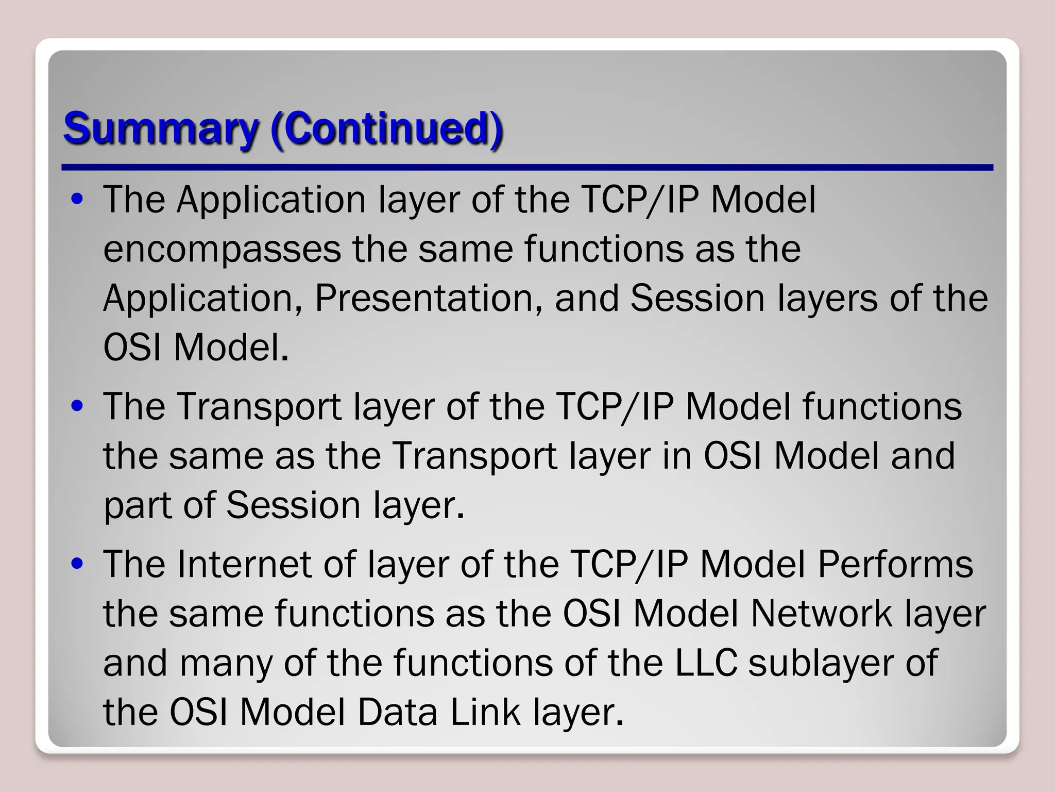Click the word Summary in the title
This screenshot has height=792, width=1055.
[x=160, y=129]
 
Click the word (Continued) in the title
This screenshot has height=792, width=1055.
[x=386, y=128]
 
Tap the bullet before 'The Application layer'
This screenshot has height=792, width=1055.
[x=77, y=200]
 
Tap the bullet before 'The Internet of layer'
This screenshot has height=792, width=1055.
[x=77, y=564]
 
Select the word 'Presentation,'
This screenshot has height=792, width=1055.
[x=428, y=299]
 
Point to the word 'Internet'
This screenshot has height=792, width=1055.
[x=244, y=564]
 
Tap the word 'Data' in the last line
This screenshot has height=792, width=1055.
[x=397, y=712]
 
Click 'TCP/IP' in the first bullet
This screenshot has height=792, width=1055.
[x=639, y=200]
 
